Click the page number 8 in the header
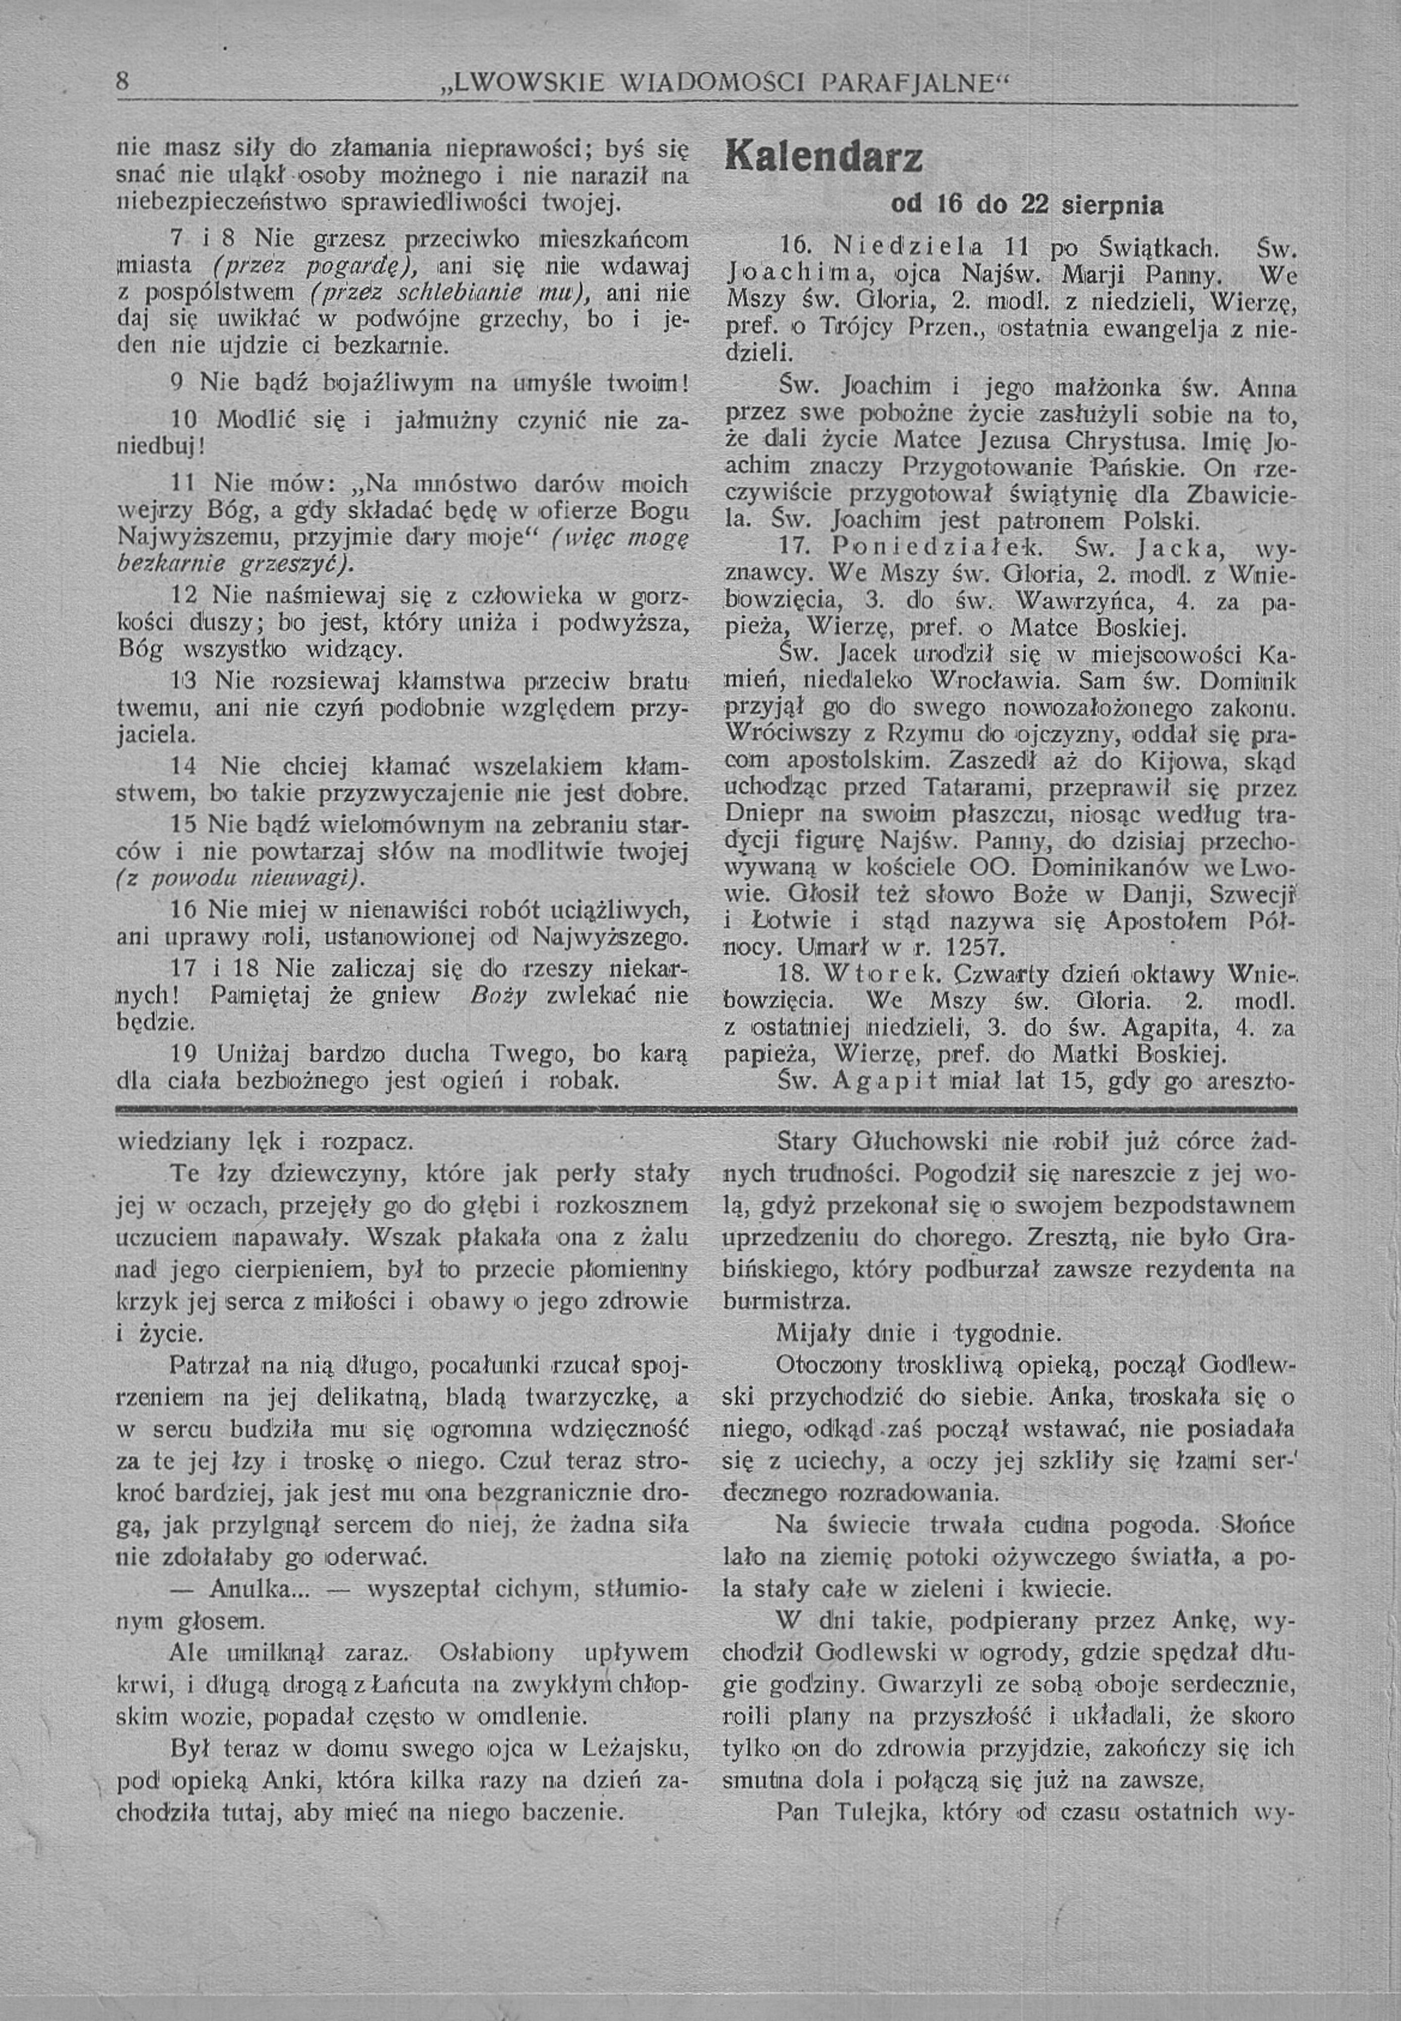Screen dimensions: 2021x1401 coord(124,82)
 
